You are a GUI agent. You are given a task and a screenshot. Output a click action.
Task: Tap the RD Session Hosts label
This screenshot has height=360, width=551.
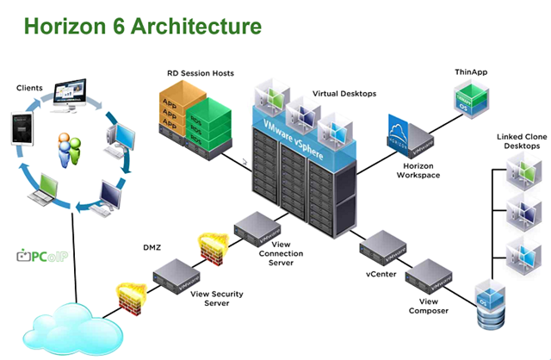[200, 73]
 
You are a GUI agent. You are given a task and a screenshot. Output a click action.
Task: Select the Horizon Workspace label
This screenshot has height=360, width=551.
[416, 170]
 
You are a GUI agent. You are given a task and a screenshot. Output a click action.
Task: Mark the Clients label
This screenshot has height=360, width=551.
[31, 88]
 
